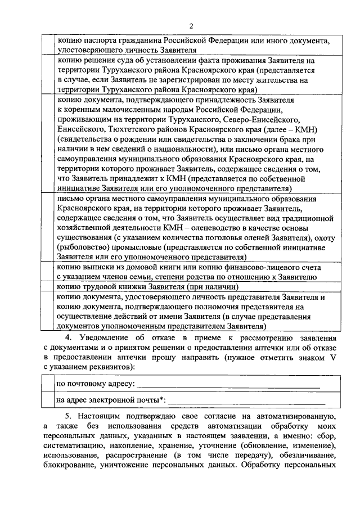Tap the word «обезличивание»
coord(307,456)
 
